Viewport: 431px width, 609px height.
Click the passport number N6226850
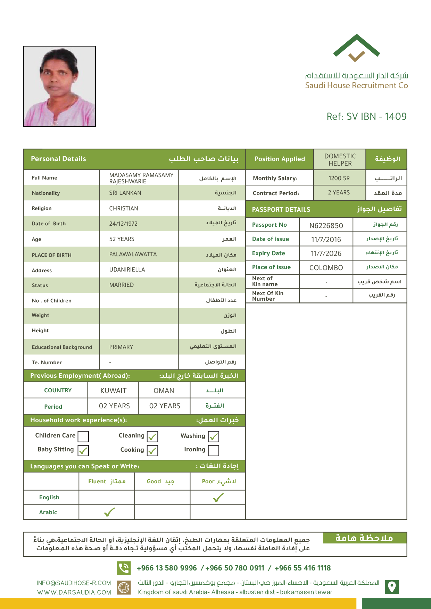click(x=326, y=226)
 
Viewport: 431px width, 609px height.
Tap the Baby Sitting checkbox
click(x=83, y=450)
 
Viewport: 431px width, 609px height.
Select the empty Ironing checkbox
click(x=214, y=450)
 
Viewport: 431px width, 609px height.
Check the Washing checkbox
click(x=214, y=436)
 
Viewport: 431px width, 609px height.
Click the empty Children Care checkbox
click(x=83, y=436)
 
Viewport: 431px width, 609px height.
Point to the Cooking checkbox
click(x=152, y=450)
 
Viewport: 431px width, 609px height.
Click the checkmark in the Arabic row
click(x=109, y=512)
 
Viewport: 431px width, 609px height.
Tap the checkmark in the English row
click(x=218, y=498)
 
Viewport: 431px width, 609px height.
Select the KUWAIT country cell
click(x=113, y=391)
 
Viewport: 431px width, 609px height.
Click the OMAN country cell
click(x=164, y=391)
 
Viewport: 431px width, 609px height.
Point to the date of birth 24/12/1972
click(x=123, y=224)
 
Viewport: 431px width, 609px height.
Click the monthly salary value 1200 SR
click(x=339, y=178)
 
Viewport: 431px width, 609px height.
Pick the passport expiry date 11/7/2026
click(x=326, y=253)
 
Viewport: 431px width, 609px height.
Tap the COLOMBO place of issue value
click(x=326, y=268)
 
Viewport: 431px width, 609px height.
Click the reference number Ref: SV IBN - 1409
click(x=366, y=117)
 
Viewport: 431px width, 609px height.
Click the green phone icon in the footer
click(x=124, y=568)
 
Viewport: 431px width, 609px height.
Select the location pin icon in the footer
click(x=392, y=587)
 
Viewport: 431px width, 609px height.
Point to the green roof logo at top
click(x=356, y=47)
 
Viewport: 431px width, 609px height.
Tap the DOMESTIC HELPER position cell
click(x=340, y=160)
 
